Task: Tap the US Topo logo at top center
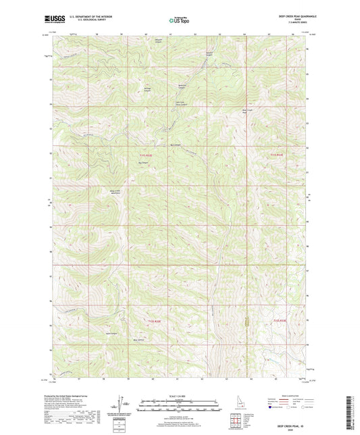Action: click(179, 21)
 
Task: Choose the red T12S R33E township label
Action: click(279, 321)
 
